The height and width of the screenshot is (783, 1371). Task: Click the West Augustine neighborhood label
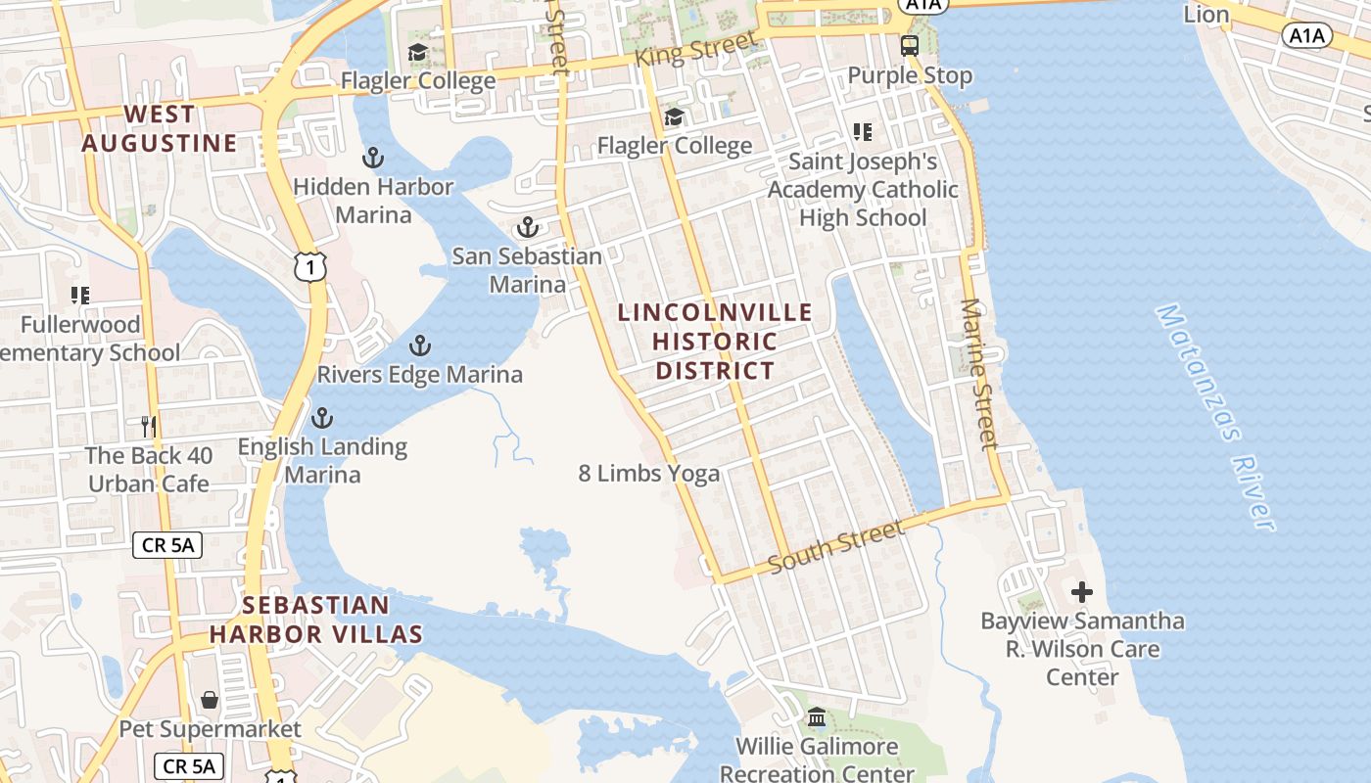point(159,129)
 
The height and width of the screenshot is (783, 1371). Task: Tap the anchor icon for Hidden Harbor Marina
point(372,157)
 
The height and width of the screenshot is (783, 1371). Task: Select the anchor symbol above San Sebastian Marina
point(528,227)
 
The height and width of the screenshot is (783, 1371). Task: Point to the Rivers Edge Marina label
point(419,374)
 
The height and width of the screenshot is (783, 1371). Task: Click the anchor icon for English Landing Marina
point(321,418)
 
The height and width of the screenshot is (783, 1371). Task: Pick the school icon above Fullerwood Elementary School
point(80,295)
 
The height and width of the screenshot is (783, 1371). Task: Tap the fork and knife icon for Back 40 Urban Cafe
point(149,426)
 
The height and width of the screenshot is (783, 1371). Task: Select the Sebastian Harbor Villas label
point(315,620)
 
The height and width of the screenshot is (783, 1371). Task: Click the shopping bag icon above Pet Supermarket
point(210,700)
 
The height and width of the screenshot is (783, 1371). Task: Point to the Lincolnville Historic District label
point(716,341)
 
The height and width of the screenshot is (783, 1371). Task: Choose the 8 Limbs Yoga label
point(648,475)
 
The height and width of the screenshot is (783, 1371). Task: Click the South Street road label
point(836,547)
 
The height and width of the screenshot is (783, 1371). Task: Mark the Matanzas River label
point(1216,417)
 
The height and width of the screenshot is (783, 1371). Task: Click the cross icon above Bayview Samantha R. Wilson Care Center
point(1082,592)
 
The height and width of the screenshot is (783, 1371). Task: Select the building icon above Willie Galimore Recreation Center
point(817,718)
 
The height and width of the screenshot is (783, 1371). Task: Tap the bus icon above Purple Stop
point(910,45)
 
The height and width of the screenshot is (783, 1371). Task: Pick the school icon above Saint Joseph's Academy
point(863,131)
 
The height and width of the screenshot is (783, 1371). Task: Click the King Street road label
point(696,49)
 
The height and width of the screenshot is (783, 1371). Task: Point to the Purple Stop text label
point(910,75)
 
